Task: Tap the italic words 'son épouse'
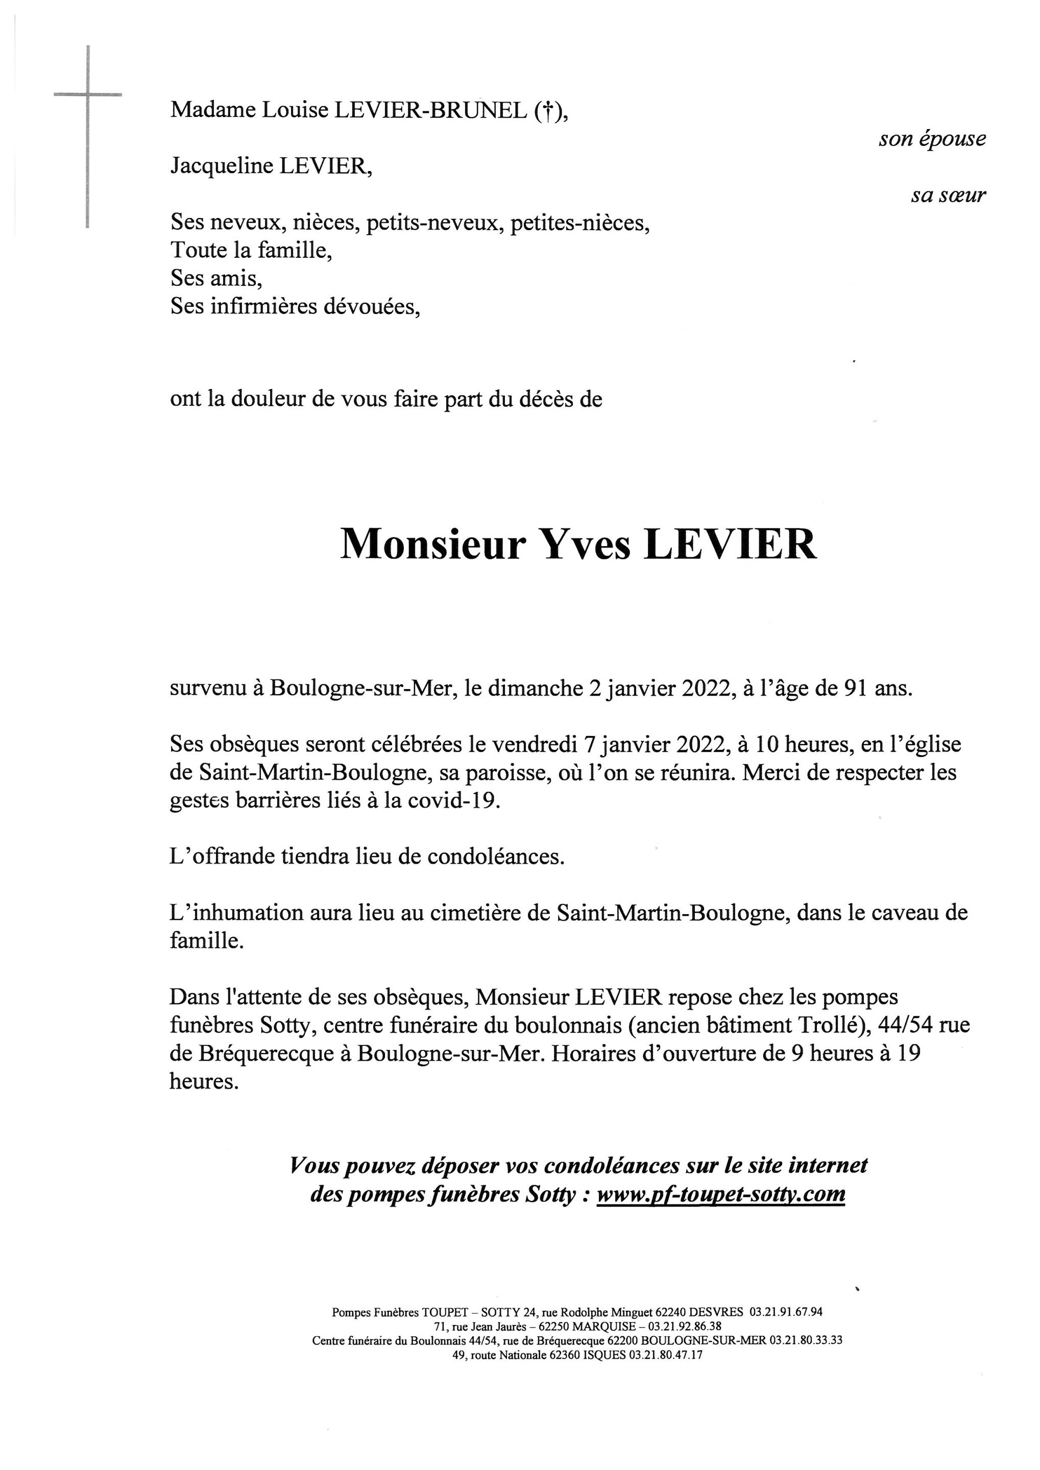pos(932,139)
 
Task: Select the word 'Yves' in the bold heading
pos(586,544)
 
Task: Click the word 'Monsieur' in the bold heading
pos(432,544)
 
